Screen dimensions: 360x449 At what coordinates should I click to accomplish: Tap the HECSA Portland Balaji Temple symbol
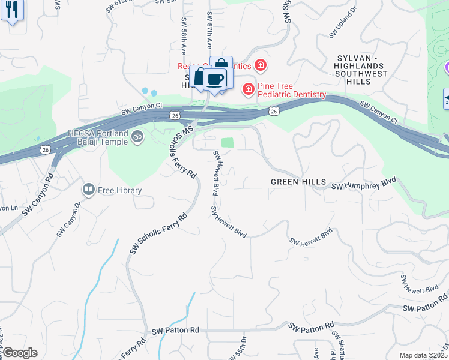(x=137, y=137)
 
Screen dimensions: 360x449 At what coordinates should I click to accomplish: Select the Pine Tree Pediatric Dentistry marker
(x=247, y=89)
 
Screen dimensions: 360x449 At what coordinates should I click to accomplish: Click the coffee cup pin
(x=214, y=79)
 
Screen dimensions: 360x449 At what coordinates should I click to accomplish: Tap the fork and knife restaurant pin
(x=11, y=10)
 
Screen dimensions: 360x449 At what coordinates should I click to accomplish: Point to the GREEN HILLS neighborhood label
(x=298, y=181)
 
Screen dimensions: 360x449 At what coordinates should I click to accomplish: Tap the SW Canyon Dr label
(x=68, y=222)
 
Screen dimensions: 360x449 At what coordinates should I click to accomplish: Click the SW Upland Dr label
(x=342, y=30)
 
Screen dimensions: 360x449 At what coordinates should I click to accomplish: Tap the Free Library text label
(x=120, y=191)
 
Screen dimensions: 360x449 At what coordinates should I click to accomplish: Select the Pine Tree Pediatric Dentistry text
(x=291, y=95)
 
